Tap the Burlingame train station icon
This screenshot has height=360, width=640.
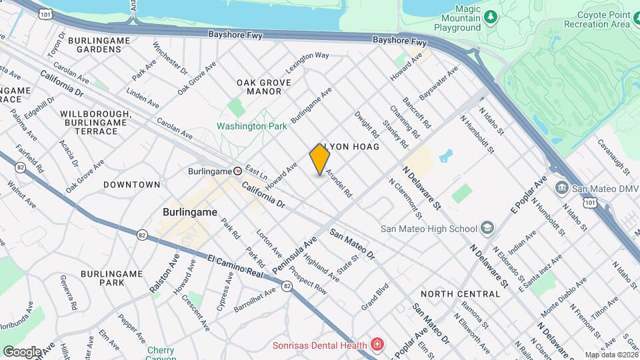click(237, 171)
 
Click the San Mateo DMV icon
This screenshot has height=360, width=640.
click(561, 189)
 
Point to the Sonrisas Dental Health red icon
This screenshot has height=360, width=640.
click(377, 345)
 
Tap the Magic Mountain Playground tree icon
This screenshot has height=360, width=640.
click(491, 16)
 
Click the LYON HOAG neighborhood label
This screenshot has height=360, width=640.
click(353, 146)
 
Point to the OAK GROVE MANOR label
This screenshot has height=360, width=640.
click(264, 87)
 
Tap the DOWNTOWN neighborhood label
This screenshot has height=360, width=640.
click(131, 184)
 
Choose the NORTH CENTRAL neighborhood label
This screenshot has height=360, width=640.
click(459, 293)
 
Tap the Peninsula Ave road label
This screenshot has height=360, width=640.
click(294, 256)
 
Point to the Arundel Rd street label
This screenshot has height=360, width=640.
click(338, 181)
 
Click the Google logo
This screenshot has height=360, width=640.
click(22, 351)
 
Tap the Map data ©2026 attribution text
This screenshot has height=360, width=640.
click(611, 355)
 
